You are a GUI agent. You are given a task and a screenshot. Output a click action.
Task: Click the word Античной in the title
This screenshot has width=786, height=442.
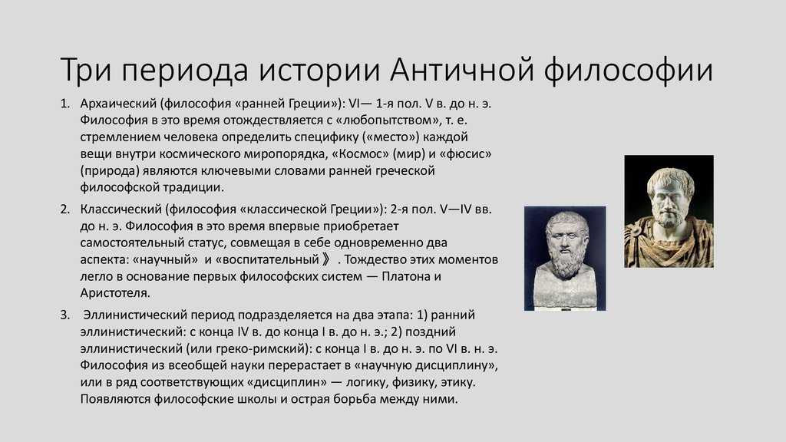point(461,69)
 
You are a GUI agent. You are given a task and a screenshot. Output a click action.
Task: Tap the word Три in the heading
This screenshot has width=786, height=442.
point(86,70)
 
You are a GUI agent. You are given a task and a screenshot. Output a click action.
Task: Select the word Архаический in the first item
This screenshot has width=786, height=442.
point(118,104)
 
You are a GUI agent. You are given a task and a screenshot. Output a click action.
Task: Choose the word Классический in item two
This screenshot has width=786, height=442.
point(121,209)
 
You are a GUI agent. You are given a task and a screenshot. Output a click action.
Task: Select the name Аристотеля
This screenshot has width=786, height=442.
point(115,293)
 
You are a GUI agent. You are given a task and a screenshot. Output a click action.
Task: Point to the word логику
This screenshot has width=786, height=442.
point(361,382)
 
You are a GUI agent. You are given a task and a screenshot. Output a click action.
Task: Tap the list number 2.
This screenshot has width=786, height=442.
point(64,209)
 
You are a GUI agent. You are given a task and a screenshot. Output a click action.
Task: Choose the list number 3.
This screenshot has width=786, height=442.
point(64,315)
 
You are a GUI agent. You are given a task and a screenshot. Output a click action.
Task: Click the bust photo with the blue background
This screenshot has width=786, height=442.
point(565,258)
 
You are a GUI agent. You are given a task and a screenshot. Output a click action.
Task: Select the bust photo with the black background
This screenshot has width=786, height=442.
point(669,211)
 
